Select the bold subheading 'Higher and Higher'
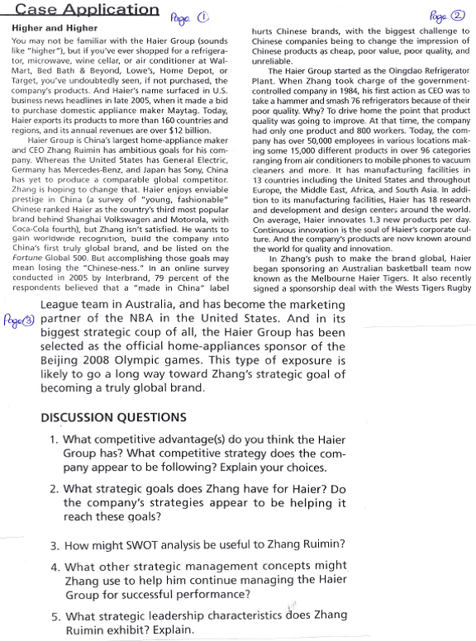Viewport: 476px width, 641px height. click(44, 27)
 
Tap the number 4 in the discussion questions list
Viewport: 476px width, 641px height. click(54, 567)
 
